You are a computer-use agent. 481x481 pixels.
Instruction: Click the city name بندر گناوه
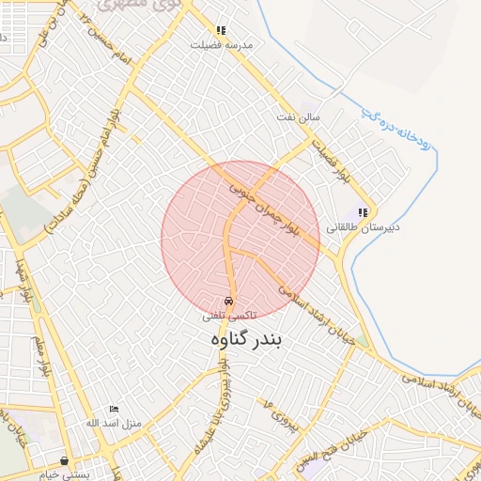pyautogui.click(x=242, y=339)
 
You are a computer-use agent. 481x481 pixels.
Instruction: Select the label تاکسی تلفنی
pyautogui.click(x=230, y=318)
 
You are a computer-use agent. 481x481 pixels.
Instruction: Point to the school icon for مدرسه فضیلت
pyautogui.click(x=221, y=30)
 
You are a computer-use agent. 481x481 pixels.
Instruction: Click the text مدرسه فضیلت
pyautogui.click(x=222, y=44)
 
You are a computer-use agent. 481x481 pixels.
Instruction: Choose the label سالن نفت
pyautogui.click(x=298, y=116)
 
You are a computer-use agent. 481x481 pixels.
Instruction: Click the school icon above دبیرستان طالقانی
pyautogui.click(x=363, y=212)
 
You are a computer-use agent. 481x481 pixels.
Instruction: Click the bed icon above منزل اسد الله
pyautogui.click(x=115, y=409)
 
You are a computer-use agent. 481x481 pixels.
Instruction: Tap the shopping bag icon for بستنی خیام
pyautogui.click(x=64, y=460)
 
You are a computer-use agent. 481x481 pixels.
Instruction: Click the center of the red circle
pyautogui.click(x=240, y=240)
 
